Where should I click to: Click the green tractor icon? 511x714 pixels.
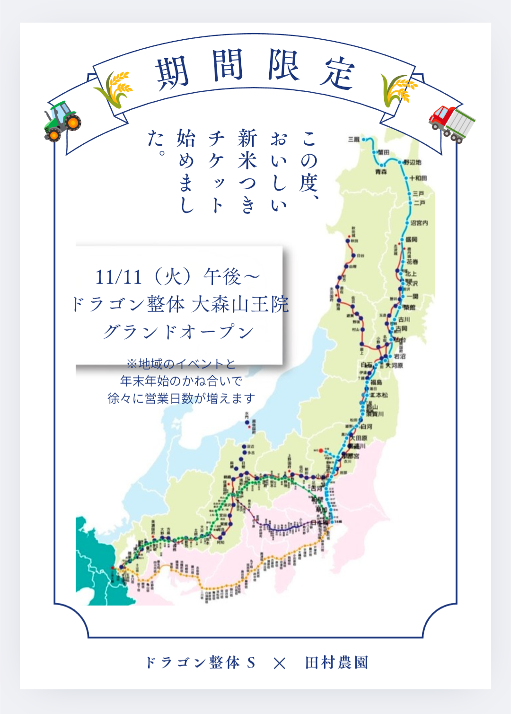coord(62,121)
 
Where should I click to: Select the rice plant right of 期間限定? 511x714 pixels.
coord(399,89)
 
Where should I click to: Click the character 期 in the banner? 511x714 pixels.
coord(172,73)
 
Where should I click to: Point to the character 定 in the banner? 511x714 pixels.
coord(337,73)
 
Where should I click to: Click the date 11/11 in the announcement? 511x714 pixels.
coord(118,277)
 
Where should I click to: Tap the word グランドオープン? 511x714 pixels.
coord(179,332)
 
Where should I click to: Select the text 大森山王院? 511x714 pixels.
coord(240,304)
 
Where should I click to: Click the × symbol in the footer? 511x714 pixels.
coord(280,663)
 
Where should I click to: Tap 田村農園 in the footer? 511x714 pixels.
coord(336,663)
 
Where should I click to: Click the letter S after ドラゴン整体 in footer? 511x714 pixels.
coord(251,663)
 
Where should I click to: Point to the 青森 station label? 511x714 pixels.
coord(381,172)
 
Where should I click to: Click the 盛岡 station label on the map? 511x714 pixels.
coord(411,239)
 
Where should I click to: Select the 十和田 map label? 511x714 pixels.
coord(418,178)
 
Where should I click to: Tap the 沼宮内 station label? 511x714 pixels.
coord(419,223)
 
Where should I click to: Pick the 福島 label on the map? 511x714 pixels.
coord(376,382)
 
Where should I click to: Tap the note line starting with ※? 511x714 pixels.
coord(181,364)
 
